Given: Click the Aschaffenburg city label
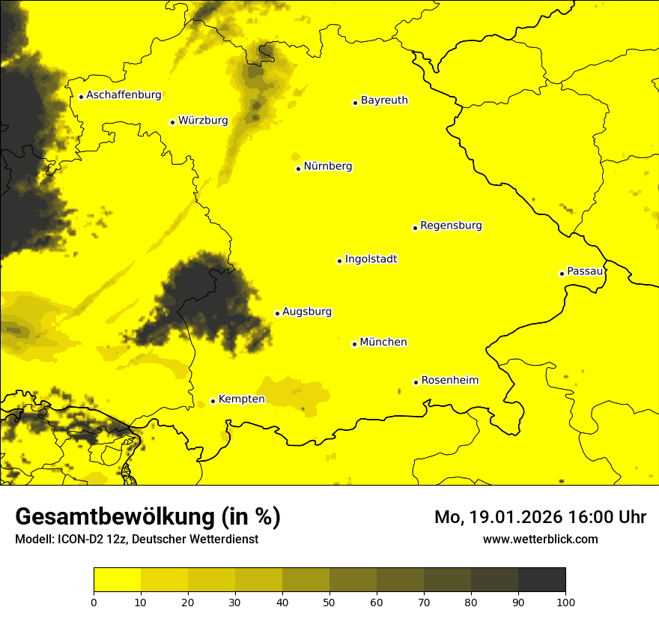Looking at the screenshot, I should point(124,95).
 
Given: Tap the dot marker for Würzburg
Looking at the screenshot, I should point(172,122).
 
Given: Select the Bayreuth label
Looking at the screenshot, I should point(384,100).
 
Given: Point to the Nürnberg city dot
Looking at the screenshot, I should point(298,169).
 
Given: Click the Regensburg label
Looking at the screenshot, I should point(451,226).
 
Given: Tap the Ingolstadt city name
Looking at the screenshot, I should point(371,259).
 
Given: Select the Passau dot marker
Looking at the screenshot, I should point(562,274).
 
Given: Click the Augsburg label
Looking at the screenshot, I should point(307,312).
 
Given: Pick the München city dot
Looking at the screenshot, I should point(354,344).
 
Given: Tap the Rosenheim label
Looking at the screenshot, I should point(449,380).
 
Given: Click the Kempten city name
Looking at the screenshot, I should point(241,399).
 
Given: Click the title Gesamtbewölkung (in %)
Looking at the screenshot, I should point(148,517).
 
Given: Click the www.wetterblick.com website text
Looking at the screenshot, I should point(540,539).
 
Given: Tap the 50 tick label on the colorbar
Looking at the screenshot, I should point(329,601).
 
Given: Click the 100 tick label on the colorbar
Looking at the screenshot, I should point(565,601).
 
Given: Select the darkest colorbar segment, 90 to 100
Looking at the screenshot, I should point(541,579).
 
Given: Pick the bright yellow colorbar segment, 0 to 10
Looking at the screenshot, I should point(117,579).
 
